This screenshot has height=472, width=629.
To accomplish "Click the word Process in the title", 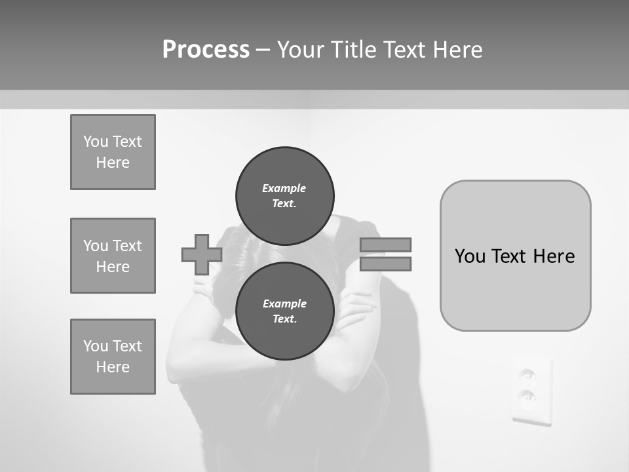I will click(206, 50).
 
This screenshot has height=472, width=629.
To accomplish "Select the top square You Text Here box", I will click(113, 152).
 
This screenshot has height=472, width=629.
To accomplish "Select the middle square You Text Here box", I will click(113, 256).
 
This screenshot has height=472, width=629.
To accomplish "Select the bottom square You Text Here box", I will click(113, 357).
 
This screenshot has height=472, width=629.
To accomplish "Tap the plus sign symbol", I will click(202, 254).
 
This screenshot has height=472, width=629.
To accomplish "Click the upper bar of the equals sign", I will click(385, 245).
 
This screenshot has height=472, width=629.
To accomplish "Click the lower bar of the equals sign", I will click(385, 264).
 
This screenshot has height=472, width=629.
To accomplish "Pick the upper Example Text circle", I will click(284, 195).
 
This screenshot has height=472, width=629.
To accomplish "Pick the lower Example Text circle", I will click(284, 311).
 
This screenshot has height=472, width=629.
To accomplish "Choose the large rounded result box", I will click(515, 256).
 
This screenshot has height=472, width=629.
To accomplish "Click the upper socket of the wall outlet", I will click(528, 376).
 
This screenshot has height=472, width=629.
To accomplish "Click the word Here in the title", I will click(456, 50).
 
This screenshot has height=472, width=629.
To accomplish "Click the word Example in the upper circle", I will click(284, 188).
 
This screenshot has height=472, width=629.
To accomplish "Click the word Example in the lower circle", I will click(284, 304).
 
